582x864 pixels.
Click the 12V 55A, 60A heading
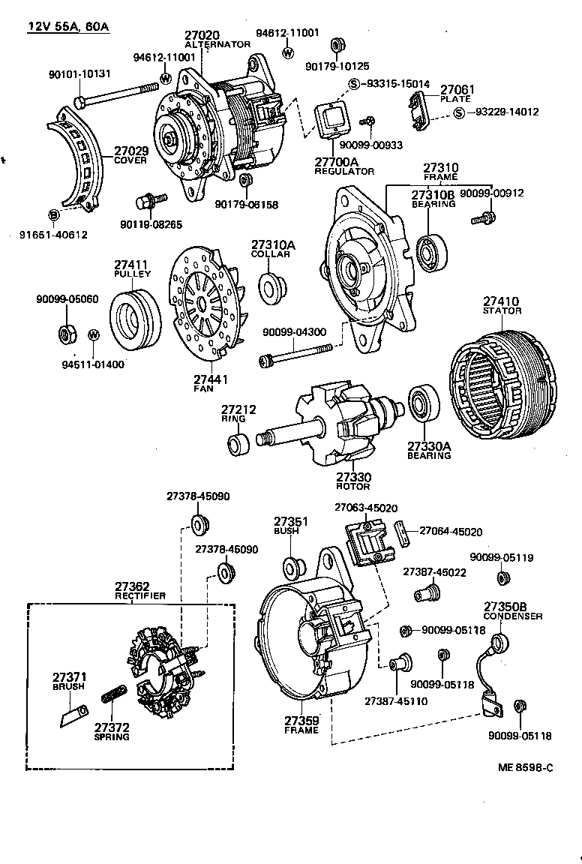click(x=68, y=27)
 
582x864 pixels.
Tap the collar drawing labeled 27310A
click(x=274, y=286)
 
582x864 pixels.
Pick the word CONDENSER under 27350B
click(x=513, y=616)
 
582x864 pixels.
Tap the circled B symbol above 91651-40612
click(x=54, y=215)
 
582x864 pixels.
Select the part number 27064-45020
click(x=450, y=532)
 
